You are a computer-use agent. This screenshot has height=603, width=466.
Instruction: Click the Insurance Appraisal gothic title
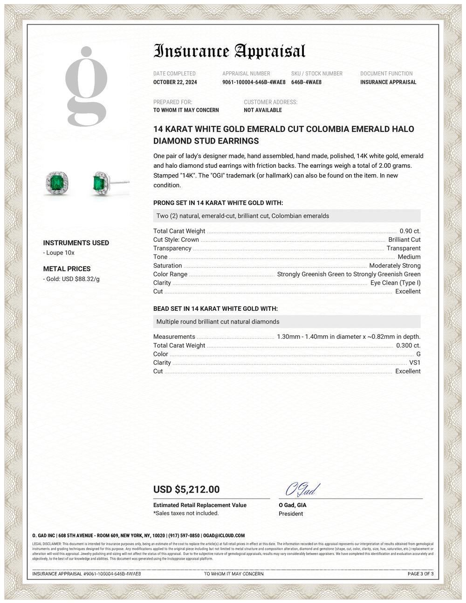pos(229,51)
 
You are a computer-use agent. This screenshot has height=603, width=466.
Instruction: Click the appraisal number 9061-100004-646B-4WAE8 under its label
pos(254,82)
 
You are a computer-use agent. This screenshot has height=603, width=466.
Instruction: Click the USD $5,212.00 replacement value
pos(186,489)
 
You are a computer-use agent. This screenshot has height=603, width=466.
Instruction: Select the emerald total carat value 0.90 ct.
pos(410,231)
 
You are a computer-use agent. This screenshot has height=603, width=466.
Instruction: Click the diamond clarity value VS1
pos(415,363)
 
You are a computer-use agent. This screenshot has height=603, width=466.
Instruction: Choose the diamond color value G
pos(418,354)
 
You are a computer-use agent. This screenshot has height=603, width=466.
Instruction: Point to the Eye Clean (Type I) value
pos(395,283)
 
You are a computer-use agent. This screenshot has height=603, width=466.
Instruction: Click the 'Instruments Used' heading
pos(76,243)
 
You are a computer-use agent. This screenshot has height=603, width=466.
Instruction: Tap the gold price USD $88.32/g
pos(73,279)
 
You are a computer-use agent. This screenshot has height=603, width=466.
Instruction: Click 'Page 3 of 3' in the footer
pos(420,574)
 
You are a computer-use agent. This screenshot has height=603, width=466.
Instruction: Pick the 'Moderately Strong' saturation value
pos(395,266)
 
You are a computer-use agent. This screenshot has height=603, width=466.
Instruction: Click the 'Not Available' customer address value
pos(263,110)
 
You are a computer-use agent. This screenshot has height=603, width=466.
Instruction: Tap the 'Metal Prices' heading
pos(67,269)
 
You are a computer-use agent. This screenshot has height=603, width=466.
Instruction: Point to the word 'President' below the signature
pos(291,514)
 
